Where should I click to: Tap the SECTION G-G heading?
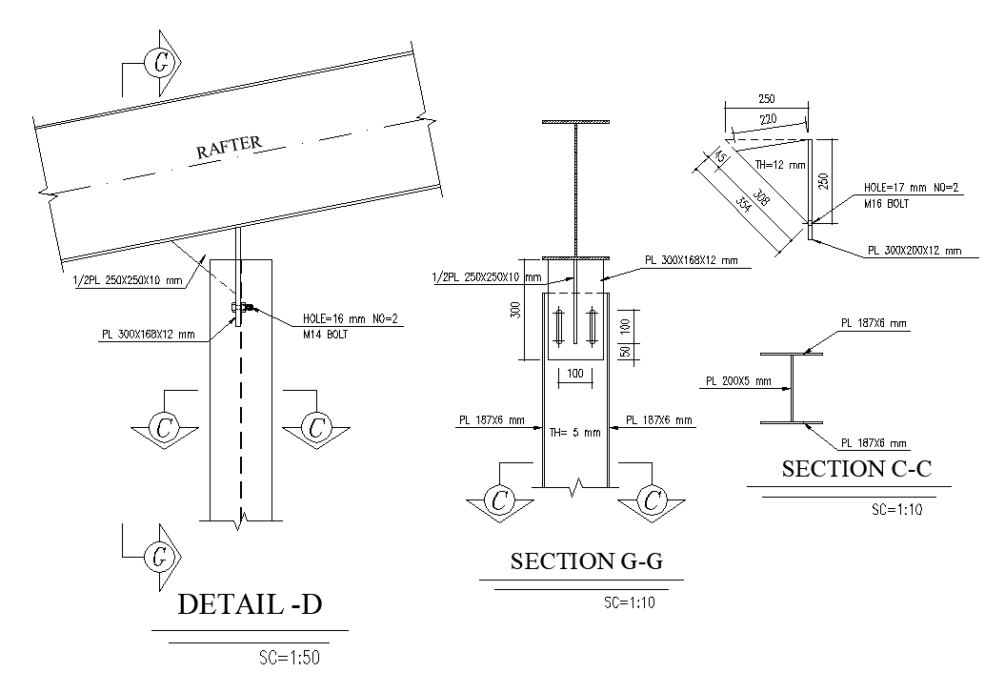click(586, 561)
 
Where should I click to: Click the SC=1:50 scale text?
click(295, 657)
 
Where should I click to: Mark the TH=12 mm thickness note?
click(780, 165)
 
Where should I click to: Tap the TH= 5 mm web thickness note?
click(574, 432)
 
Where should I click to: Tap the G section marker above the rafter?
click(160, 64)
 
